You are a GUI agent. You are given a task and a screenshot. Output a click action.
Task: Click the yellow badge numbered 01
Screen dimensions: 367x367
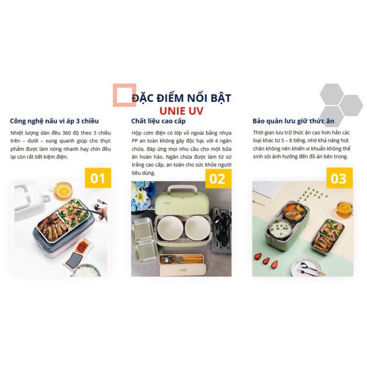98,178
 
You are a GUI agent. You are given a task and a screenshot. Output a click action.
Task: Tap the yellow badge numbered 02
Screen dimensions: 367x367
218,178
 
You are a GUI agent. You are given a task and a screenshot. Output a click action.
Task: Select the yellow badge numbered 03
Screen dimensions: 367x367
339,178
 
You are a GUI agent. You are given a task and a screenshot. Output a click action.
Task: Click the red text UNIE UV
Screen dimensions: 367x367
181,111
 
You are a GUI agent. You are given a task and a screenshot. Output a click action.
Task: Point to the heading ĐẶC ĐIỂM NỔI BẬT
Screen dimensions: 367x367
181,98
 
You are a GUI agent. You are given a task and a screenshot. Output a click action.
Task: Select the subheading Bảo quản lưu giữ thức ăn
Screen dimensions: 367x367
293,121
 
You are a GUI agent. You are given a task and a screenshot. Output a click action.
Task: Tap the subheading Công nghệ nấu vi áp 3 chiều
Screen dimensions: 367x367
54,121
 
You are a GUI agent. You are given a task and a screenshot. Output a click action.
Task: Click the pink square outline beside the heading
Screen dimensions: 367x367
124,95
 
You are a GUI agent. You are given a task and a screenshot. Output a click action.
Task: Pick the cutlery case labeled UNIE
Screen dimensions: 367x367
182,265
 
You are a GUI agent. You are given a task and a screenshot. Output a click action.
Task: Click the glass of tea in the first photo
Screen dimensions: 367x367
63,190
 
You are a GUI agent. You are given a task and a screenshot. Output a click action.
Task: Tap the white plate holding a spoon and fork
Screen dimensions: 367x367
306,267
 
